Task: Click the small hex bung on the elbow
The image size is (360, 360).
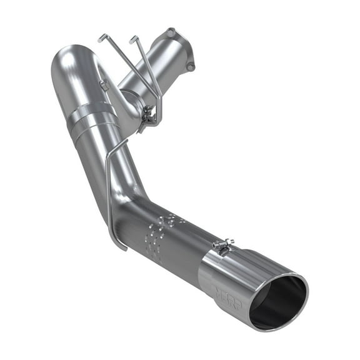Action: [104, 85]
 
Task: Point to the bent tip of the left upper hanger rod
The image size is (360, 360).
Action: [101, 37]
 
